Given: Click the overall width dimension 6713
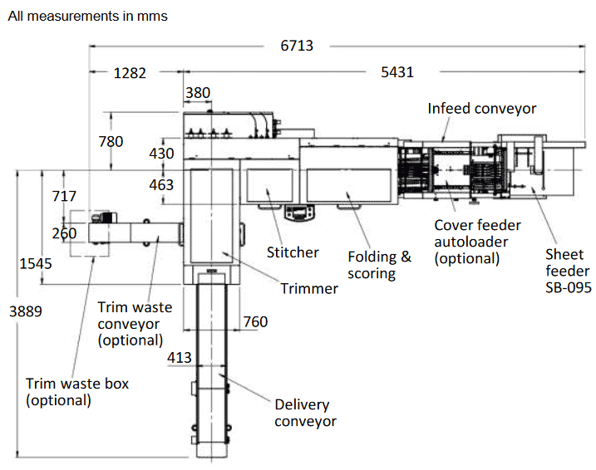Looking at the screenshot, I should pos(297,46).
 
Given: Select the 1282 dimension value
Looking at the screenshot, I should pos(130,73).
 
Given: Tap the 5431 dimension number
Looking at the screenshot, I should pos(397,73).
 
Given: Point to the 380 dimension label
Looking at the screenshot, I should pos(198,93).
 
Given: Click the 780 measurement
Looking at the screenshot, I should pos(111,142).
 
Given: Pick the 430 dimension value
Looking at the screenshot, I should pos(162,154).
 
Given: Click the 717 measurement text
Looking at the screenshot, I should pos(64,197).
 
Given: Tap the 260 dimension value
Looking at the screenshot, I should pos(64,233).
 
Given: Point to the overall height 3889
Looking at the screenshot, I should pos(26,311).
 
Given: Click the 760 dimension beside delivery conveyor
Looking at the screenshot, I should pos(255,321).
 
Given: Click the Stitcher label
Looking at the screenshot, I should pos(293,252).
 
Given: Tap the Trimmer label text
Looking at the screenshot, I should pos(309,288).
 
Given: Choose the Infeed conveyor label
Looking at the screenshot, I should pos(482,109).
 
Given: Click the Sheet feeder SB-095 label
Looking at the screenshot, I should pos(568,271).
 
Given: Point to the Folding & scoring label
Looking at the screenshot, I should pos(379,264).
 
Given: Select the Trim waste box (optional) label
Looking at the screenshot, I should pos(77,392).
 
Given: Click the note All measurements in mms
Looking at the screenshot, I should pos(87,17).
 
